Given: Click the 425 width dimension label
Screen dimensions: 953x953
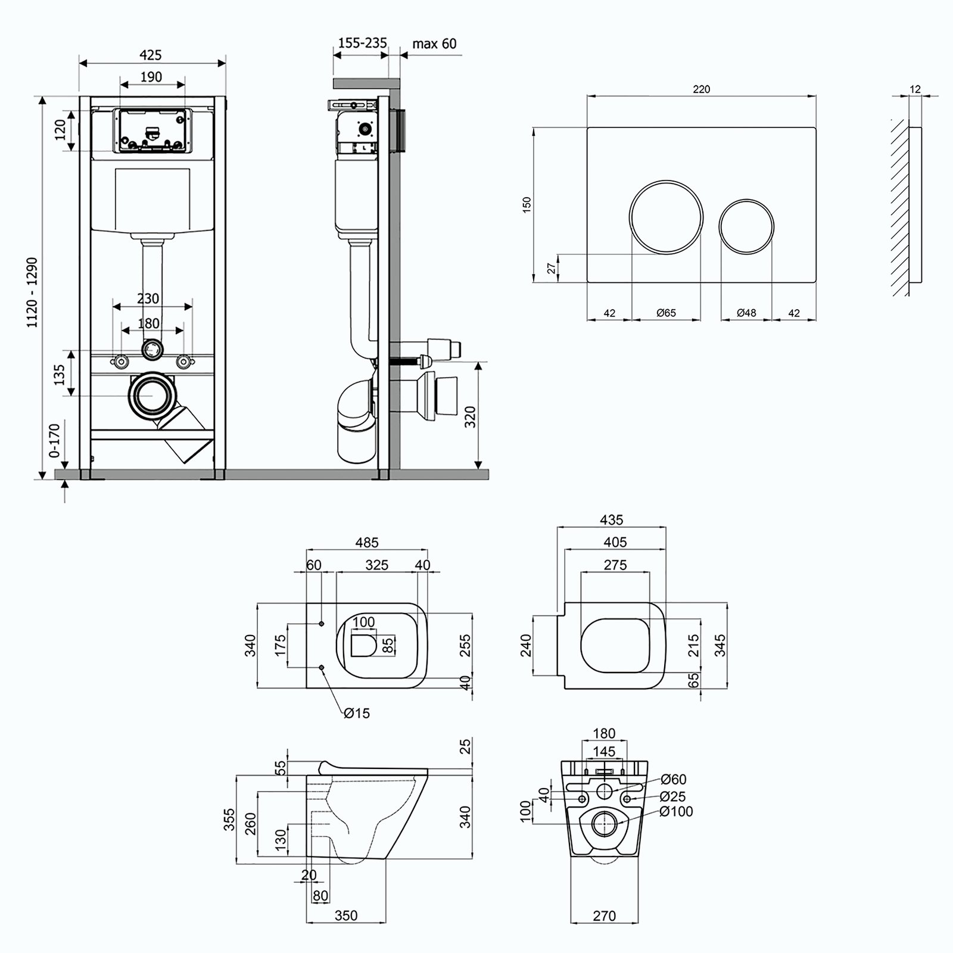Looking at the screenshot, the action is (151, 55).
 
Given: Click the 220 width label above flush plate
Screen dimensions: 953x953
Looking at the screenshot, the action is (702, 89).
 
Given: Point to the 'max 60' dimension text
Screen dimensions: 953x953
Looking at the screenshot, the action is (435, 43).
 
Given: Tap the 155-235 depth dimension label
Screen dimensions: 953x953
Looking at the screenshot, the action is (363, 43).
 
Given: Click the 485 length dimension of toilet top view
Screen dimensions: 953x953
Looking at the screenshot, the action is (367, 543).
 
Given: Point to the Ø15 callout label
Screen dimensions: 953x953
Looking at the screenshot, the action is (356, 712).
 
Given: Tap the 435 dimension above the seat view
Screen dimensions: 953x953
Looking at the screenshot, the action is (612, 520).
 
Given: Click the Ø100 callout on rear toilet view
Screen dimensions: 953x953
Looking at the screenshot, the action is (677, 811).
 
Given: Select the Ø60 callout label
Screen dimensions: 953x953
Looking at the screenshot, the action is (674, 779).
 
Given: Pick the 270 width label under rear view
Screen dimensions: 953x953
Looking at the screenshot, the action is (605, 916).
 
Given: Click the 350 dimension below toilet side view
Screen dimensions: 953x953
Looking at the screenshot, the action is (346, 915).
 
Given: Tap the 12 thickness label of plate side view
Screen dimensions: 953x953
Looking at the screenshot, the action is (915, 89).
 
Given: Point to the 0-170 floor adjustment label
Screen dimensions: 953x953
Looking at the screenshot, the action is (54, 441).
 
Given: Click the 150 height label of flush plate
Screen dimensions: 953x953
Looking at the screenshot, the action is (527, 205).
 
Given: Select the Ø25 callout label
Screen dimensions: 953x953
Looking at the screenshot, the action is (673, 796).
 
